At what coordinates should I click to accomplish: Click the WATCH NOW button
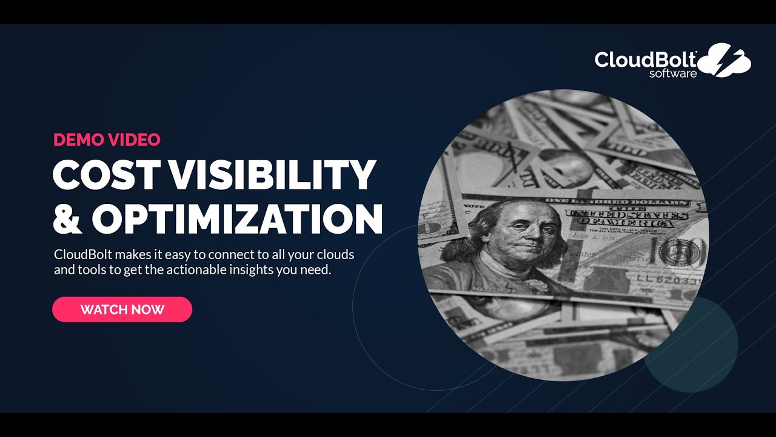point(122,310)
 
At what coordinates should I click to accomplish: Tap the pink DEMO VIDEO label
point(107,140)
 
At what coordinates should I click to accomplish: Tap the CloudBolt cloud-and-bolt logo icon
point(726,59)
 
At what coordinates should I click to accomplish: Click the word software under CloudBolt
point(673,74)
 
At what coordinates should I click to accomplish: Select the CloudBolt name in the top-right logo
point(645,59)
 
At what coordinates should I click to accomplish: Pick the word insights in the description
point(252,270)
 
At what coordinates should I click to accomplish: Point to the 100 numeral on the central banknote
point(681,251)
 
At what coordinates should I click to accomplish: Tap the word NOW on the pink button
point(149,310)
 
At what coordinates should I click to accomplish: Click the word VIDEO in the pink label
point(134,140)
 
